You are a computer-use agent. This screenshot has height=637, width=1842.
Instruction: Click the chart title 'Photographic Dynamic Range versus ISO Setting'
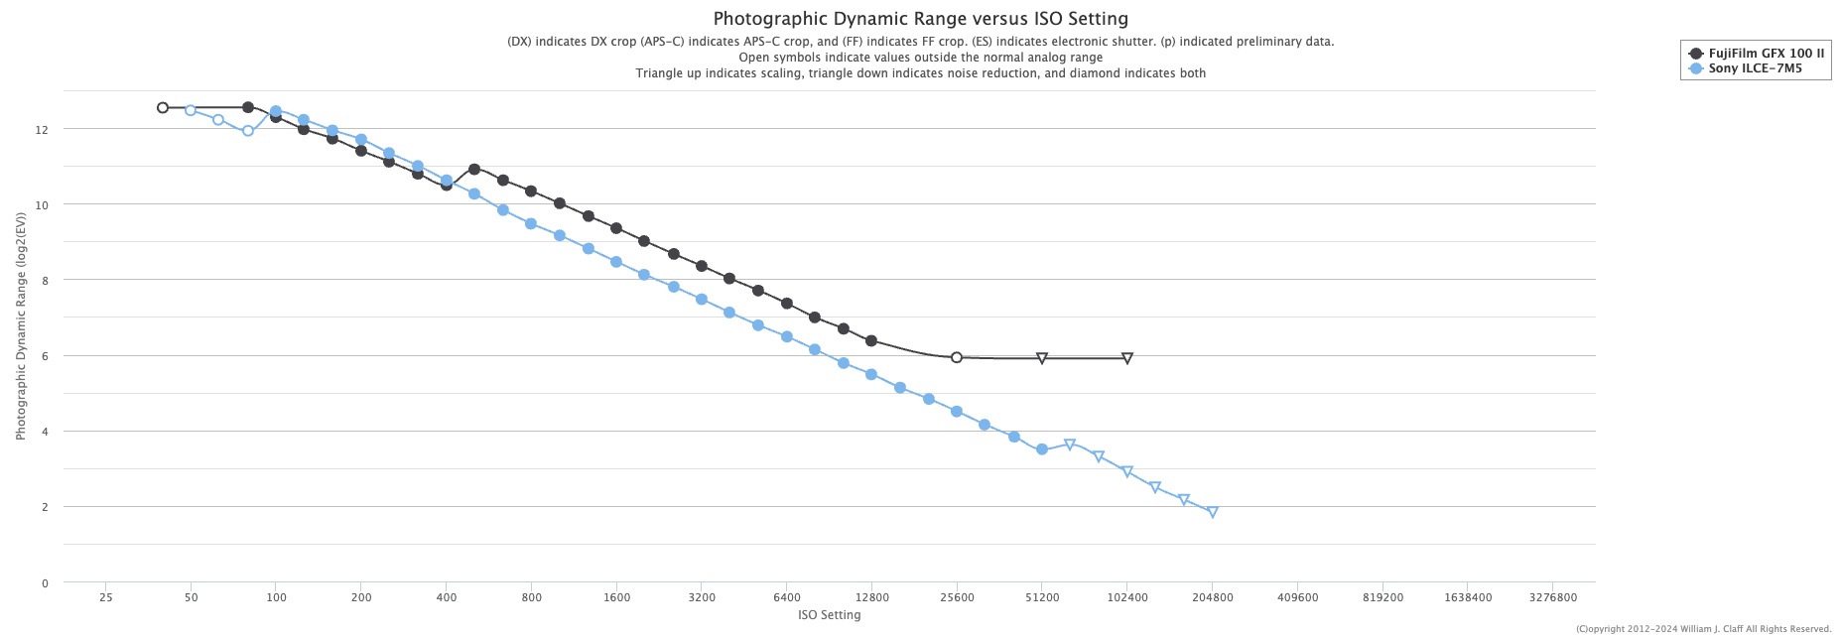point(920,19)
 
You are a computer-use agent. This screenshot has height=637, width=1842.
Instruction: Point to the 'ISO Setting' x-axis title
point(829,615)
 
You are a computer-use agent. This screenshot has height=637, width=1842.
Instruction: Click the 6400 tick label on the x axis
point(786,598)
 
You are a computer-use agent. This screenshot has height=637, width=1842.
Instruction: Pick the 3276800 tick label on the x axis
point(1552,598)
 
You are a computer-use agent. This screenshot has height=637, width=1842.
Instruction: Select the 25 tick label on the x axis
point(106,598)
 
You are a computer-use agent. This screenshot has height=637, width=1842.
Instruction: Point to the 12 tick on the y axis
point(42,130)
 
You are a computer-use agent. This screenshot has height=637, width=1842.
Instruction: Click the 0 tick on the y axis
point(45,583)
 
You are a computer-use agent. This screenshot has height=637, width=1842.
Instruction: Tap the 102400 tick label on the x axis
point(1126,598)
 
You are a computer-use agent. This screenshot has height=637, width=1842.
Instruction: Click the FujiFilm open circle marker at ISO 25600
point(957,357)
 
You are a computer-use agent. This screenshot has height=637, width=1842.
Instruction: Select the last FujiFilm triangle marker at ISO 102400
point(1127,358)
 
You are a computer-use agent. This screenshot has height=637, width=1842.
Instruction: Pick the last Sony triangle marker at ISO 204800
point(1212,512)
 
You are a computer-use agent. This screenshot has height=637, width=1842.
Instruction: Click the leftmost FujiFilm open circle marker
point(163,108)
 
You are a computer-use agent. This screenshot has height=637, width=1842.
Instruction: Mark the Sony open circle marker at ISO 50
point(191,110)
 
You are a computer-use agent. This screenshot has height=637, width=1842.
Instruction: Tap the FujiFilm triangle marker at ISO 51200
point(1042,358)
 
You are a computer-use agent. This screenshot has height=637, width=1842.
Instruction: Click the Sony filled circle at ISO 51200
point(1042,449)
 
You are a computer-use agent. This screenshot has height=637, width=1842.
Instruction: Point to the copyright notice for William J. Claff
point(1704,629)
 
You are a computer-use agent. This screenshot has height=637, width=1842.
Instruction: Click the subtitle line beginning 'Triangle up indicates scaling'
point(920,73)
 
